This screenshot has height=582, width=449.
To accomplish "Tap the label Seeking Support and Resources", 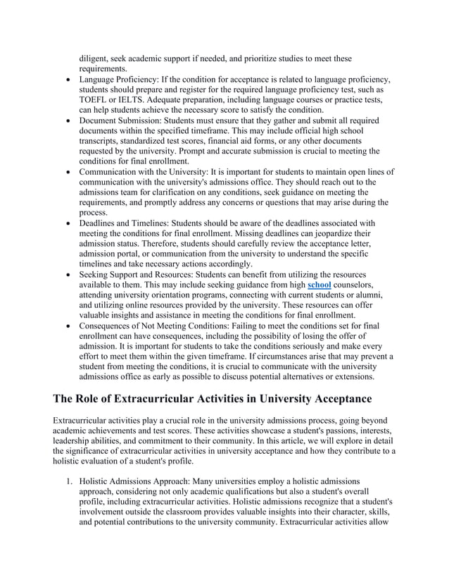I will (x=141, y=274).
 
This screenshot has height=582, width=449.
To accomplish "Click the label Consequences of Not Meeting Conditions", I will (x=165, y=326).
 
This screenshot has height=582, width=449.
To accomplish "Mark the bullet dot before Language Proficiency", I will (x=67, y=80).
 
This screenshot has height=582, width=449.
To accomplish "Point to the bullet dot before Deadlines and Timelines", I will (x=67, y=223).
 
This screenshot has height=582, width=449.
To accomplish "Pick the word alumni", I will (x=367, y=295).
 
